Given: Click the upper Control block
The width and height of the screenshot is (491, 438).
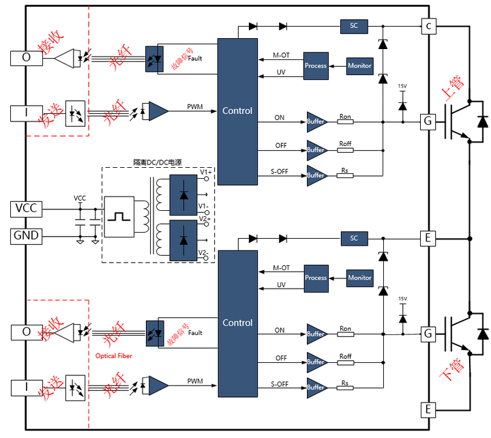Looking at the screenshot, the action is (237, 111).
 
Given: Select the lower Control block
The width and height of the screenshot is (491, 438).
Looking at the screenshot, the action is (238, 323).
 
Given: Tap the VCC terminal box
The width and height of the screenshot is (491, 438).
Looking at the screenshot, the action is (27, 209).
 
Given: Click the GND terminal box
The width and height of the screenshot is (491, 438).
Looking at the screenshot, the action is (27, 236).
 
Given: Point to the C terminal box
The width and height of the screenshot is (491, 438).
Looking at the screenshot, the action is (428, 27).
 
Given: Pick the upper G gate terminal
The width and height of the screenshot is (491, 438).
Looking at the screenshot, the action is (428, 121).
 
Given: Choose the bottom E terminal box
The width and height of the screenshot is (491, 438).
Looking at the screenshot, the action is (428, 409).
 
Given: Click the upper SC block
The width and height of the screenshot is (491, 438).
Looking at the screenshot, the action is (354, 26).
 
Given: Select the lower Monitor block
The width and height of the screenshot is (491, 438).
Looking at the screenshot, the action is (360, 278).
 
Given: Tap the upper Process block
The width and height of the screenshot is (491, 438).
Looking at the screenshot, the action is (316, 65).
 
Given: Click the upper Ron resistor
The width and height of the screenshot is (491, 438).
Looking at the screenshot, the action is (345, 121).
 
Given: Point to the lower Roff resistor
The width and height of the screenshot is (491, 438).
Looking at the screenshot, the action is (345, 362).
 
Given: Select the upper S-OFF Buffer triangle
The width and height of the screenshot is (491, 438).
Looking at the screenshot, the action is (317, 176).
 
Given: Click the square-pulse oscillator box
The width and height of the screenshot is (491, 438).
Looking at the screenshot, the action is (119, 217).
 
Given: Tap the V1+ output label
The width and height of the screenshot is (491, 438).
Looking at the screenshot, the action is (206, 172).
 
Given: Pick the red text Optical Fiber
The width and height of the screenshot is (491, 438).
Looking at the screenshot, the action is (114, 356).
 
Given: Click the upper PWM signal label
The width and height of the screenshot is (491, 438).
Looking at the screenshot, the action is (195, 107).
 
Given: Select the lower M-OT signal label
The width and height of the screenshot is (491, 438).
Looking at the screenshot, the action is (281, 268).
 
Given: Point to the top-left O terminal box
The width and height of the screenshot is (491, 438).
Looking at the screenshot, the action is (27, 58).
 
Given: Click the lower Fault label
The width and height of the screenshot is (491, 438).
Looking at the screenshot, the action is (195, 333).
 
